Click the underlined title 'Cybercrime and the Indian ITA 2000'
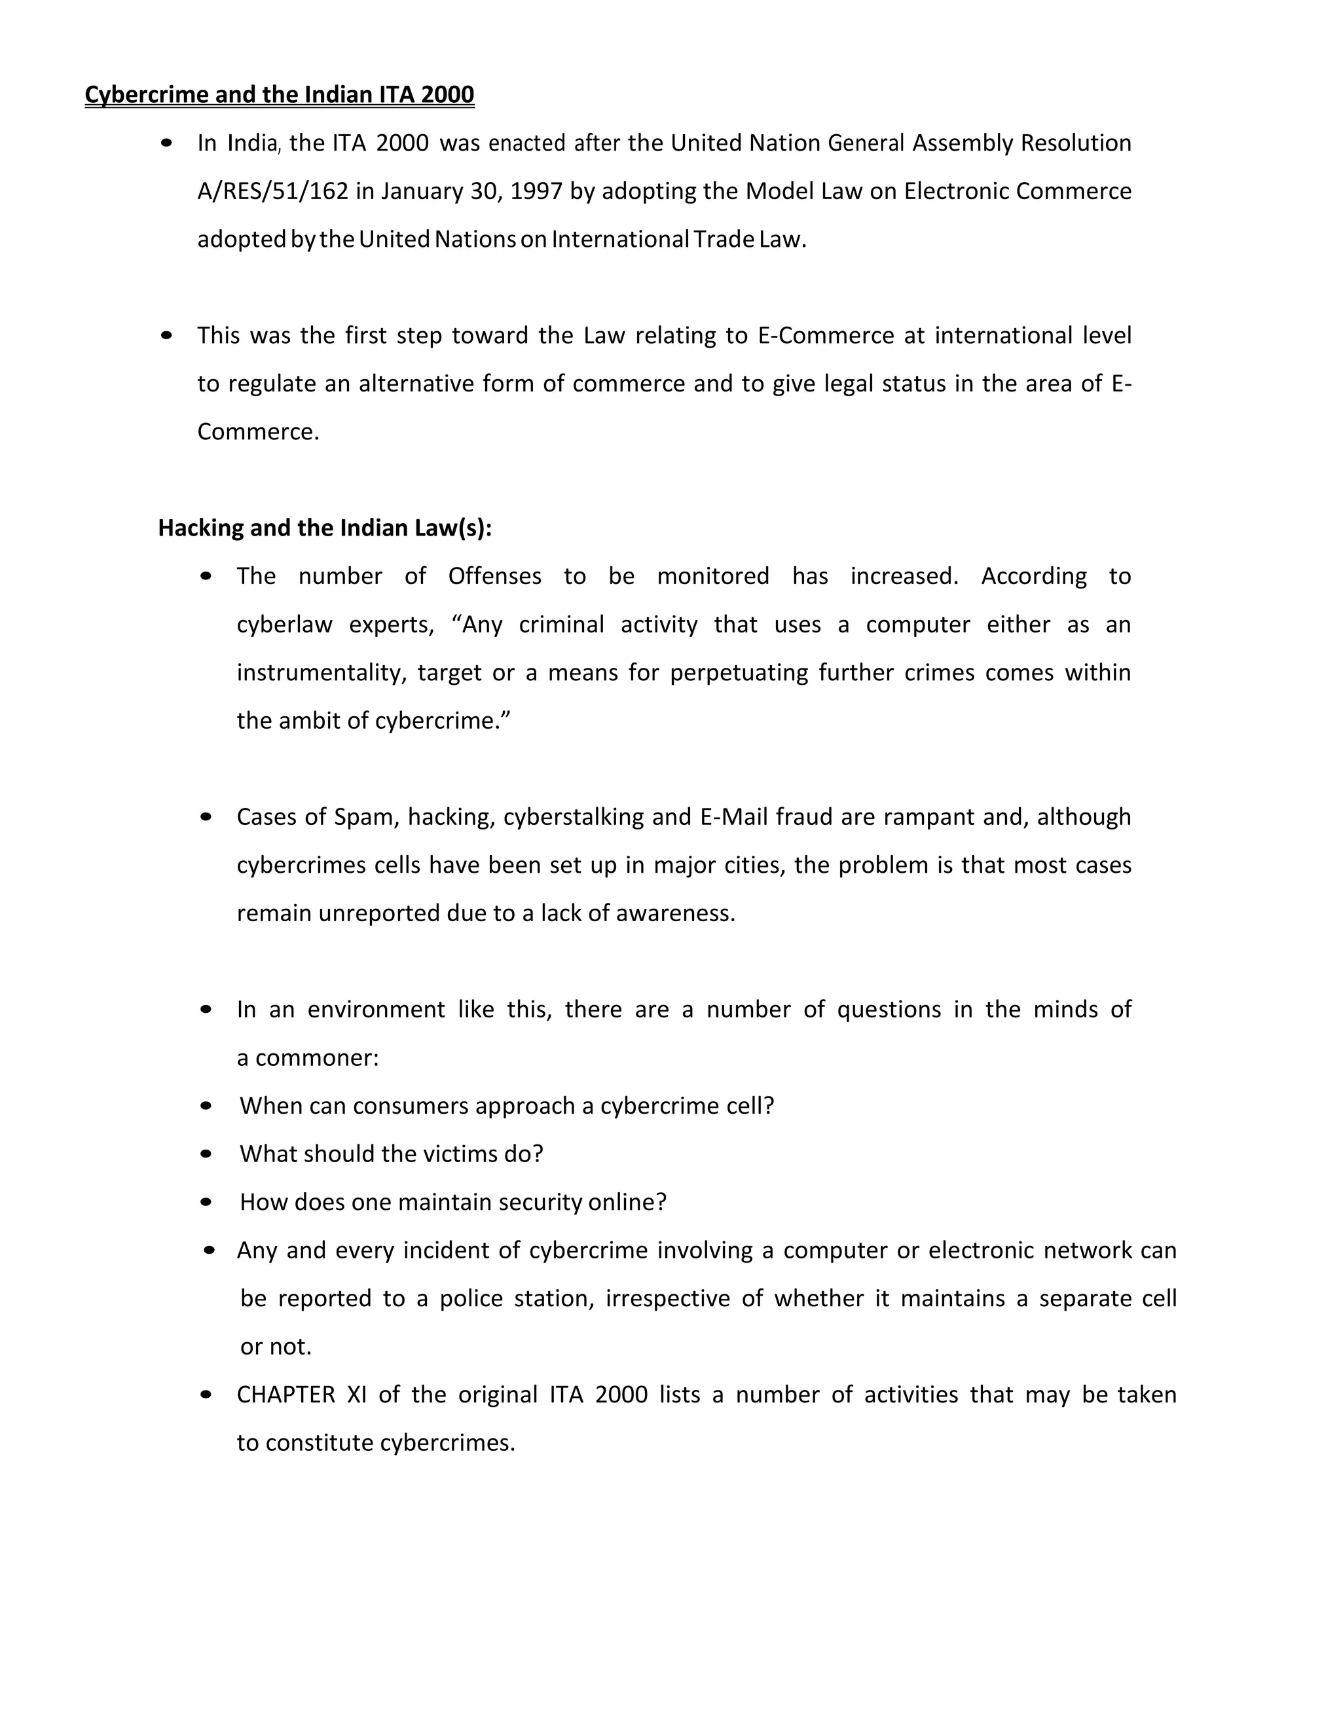coord(279,94)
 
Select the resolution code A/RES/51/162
coord(272,191)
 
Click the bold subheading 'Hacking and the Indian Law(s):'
coord(325,528)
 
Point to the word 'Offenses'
coord(494,576)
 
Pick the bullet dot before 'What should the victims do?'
coord(206,1154)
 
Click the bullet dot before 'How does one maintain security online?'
coord(206,1202)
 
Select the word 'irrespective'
coord(667,1298)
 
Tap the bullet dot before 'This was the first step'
coord(166,335)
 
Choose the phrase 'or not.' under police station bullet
coord(276,1347)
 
